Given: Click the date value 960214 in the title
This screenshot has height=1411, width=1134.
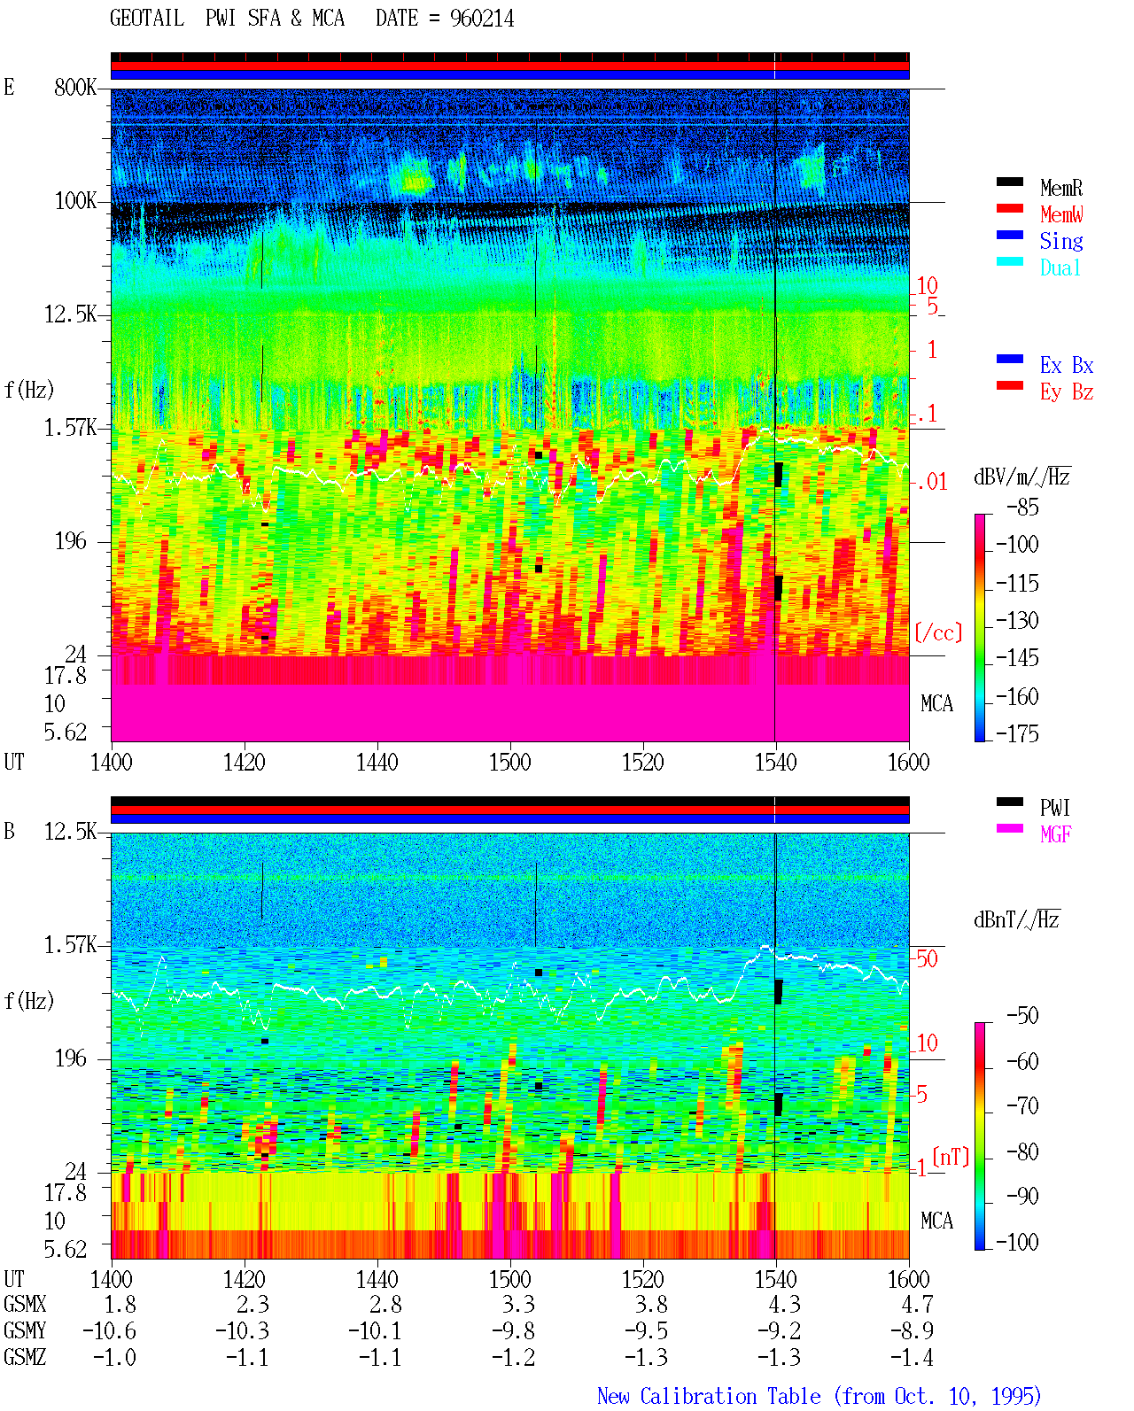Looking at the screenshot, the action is (481, 19).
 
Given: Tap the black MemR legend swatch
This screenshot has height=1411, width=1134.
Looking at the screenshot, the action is (1009, 182).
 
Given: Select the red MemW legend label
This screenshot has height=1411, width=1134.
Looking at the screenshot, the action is (1060, 213).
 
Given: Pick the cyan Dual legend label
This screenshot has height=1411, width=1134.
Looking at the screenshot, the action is (1060, 267).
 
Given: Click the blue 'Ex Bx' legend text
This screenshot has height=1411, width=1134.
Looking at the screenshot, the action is (1066, 365).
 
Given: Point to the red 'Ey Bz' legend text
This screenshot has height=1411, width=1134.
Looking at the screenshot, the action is (1066, 392).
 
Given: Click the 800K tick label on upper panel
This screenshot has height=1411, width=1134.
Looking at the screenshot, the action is (75, 87).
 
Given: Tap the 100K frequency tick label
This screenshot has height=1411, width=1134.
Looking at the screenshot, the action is (75, 201).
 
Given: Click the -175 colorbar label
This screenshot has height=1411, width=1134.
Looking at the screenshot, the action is (1016, 733).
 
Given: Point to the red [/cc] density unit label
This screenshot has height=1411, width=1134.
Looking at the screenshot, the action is (938, 632).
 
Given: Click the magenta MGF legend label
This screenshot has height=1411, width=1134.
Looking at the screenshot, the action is (1055, 833).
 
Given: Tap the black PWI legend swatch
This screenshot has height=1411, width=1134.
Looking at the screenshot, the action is (1009, 802).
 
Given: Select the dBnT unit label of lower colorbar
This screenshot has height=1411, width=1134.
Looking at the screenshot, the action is (1016, 919).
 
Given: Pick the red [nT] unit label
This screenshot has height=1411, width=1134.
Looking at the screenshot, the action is (951, 1156).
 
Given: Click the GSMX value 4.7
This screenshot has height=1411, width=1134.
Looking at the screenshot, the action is (916, 1305).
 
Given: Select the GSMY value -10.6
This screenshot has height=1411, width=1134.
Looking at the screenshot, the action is (109, 1331).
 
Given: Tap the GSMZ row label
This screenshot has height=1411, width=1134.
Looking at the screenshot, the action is (25, 1357).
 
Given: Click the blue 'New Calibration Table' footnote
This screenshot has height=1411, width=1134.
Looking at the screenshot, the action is (709, 1396).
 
